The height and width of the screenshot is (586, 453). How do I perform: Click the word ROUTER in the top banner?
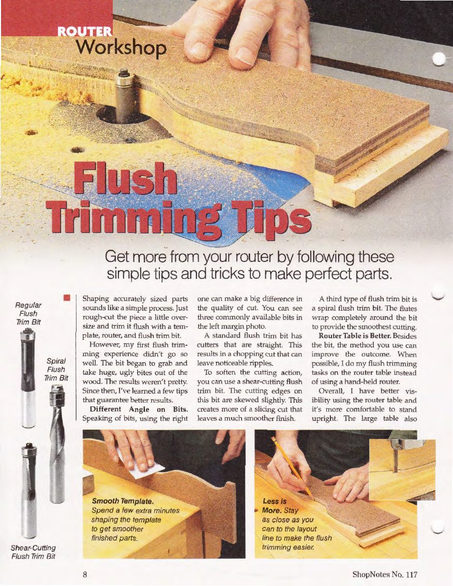tap(85, 32)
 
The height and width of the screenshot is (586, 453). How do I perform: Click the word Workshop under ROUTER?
tap(122, 48)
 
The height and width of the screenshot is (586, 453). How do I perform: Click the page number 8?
tap(85, 574)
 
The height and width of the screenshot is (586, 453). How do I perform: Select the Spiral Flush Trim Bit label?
tap(56, 370)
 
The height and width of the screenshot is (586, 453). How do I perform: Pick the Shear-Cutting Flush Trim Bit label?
tap(33, 552)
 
